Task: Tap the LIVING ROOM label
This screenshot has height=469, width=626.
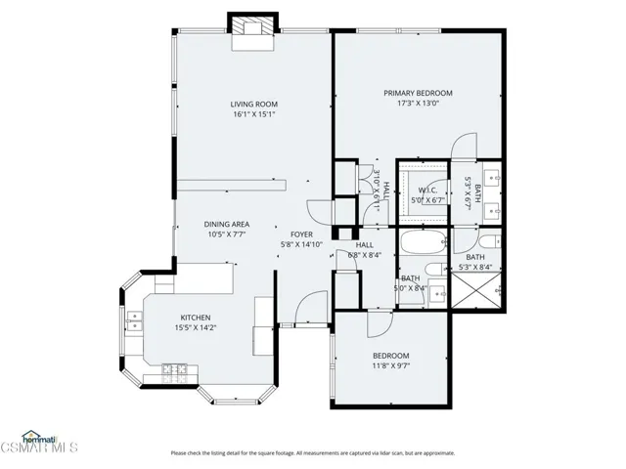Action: (254, 104)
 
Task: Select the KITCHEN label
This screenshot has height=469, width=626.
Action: (196, 318)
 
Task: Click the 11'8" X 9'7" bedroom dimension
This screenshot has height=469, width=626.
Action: (390, 366)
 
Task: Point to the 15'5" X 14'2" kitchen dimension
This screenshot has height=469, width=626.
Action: (196, 328)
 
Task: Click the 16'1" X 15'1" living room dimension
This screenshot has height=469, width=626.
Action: (254, 114)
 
